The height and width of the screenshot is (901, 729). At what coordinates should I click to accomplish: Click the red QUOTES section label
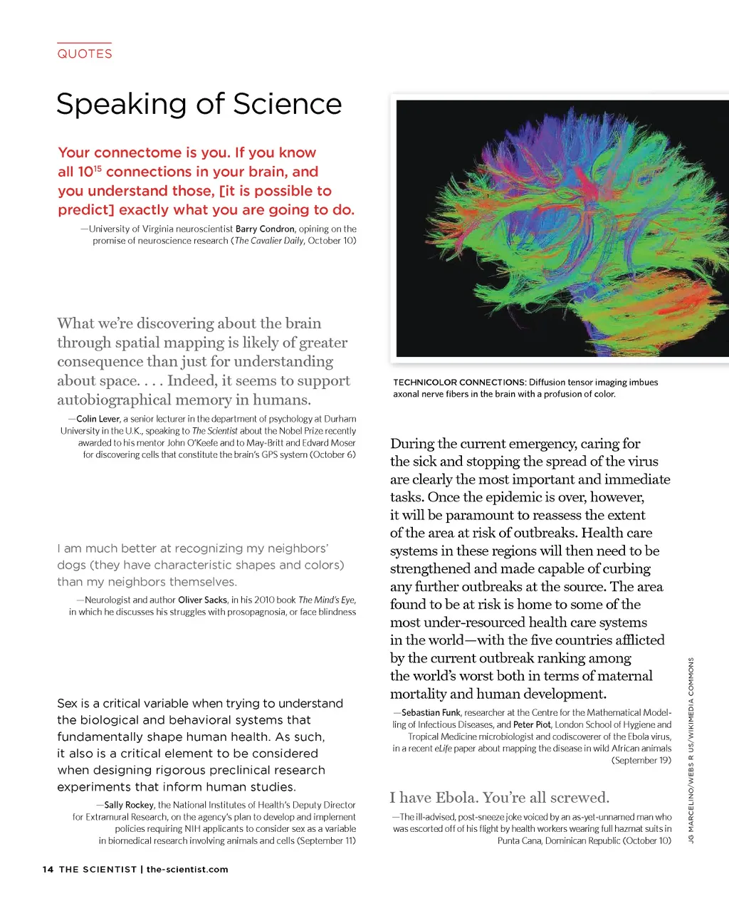tap(85, 53)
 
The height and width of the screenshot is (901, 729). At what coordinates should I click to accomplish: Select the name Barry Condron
tap(265, 229)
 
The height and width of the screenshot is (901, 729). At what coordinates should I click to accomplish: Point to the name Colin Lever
tap(98, 419)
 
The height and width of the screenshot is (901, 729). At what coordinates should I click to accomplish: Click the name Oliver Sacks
tap(202, 600)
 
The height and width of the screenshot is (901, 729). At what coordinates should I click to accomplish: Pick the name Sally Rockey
tap(129, 805)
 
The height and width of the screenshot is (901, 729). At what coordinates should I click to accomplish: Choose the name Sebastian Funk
tap(431, 712)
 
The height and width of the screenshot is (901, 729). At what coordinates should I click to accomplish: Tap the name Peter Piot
tap(532, 724)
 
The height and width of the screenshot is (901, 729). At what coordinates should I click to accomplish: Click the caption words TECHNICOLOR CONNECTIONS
tap(459, 382)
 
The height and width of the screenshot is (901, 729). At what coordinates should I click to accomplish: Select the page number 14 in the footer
tap(48, 869)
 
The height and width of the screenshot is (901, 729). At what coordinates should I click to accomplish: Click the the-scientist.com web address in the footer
tap(187, 869)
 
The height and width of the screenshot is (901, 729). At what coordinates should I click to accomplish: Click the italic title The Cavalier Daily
tap(269, 241)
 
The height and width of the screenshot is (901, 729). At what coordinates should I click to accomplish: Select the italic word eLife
tap(443, 749)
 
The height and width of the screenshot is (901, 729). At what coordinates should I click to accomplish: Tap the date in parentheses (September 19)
tap(641, 761)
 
